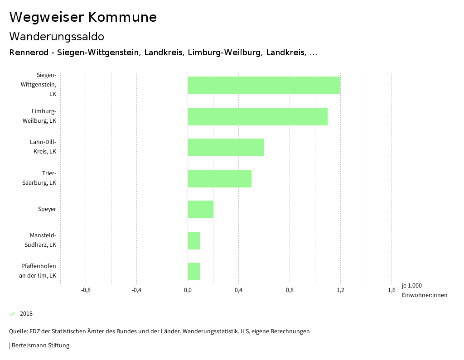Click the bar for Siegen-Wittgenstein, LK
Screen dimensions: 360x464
[264, 85]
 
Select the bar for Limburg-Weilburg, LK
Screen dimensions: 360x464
[257, 116]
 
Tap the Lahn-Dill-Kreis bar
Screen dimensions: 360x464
[226, 147]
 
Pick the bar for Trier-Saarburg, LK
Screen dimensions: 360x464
[219, 178]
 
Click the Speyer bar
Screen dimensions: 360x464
[200, 209]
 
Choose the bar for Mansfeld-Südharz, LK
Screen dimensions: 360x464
[194, 240]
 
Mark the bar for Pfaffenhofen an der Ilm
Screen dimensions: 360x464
[194, 271]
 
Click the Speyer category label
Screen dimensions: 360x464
[47, 209]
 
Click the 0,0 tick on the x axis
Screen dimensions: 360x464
[188, 290]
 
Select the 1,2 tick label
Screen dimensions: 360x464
[341, 290]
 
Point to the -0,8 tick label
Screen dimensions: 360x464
[85, 290]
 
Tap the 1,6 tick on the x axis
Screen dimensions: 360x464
[391, 290]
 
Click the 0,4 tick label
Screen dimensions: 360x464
[238, 290]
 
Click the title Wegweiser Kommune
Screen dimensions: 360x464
[83, 17]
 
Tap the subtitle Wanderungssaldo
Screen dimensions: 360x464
[57, 36]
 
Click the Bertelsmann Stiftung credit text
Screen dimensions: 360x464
[40, 346]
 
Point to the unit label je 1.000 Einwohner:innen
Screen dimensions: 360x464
[424, 290]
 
